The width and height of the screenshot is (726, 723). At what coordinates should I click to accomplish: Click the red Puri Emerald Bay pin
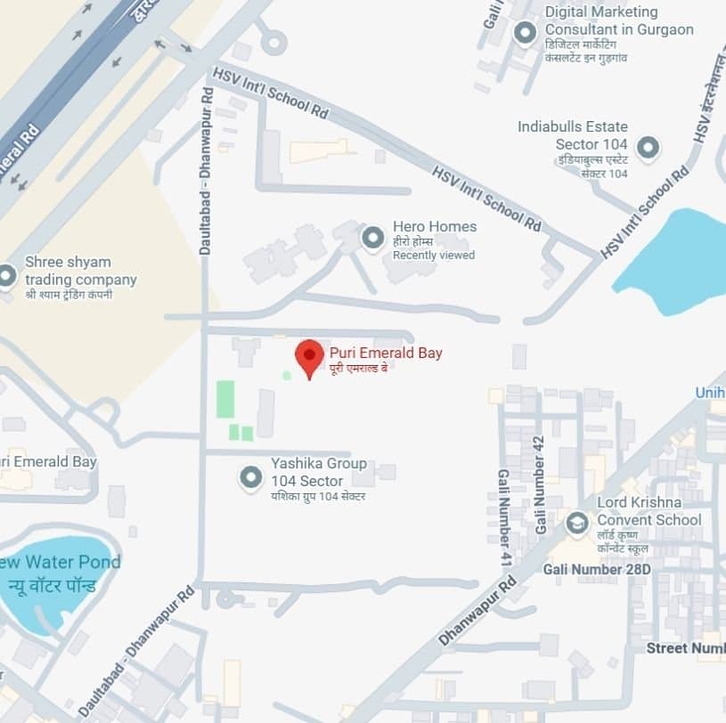309,357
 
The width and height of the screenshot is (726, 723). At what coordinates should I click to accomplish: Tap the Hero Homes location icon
372,238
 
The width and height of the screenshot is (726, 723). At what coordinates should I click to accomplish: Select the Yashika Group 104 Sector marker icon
250,479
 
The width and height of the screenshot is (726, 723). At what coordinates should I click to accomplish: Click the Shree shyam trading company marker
7,276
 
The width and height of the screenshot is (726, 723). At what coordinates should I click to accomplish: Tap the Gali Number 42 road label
539,485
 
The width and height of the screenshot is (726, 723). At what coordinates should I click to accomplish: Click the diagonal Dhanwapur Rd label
477,612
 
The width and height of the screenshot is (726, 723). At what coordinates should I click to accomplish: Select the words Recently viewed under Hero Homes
434,256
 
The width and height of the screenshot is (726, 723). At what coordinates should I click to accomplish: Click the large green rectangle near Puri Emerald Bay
225,399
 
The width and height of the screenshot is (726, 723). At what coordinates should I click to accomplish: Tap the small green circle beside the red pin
286,376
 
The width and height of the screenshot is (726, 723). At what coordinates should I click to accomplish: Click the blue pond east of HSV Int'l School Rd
677,263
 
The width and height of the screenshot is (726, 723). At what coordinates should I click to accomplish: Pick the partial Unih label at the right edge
710,393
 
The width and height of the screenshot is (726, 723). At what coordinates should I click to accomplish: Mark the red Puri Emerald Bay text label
386,353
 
